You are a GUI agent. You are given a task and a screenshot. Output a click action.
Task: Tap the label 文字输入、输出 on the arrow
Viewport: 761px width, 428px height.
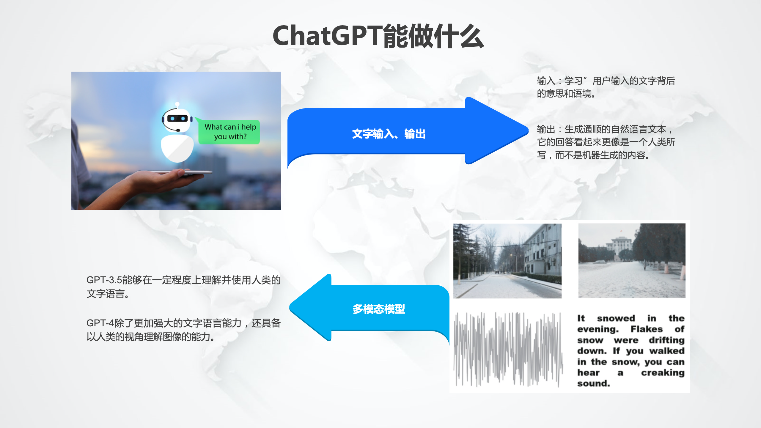(389, 134)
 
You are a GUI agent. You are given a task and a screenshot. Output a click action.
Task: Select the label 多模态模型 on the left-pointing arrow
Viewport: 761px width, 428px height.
(379, 309)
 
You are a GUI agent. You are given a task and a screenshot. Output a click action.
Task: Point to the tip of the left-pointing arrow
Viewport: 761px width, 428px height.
(290, 307)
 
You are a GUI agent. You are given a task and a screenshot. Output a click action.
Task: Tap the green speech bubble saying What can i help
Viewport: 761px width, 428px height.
(229, 132)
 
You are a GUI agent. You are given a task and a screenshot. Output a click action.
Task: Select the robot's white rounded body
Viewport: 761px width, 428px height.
(177, 148)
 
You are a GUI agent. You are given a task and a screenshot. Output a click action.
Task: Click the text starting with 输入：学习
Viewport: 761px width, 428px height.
(606, 87)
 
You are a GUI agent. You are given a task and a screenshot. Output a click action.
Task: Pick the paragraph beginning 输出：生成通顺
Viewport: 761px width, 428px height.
(606, 142)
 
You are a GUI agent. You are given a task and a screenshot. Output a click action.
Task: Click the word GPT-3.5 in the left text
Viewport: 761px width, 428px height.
(104, 280)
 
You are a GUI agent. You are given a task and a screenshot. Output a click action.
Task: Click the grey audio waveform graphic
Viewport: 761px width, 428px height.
(508, 349)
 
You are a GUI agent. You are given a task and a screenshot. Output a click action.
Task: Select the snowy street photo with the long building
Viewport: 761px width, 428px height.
(507, 261)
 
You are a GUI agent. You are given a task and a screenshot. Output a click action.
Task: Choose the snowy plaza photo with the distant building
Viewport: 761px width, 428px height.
(632, 260)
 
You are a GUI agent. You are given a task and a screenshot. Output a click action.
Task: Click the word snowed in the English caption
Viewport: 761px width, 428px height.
(616, 318)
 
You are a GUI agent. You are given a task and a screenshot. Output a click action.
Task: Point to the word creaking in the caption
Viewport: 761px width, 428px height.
(663, 373)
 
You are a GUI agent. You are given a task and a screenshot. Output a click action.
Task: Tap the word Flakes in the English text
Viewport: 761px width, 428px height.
(647, 329)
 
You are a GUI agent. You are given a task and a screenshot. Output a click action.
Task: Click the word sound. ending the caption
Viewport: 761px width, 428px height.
(593, 383)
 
